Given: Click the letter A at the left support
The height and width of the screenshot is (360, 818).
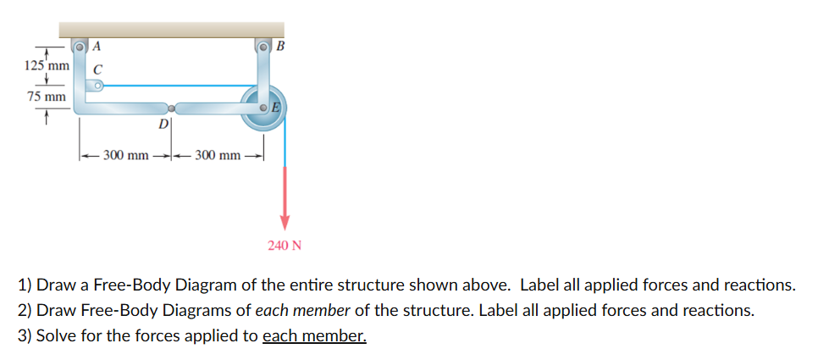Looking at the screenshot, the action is pos(97,46).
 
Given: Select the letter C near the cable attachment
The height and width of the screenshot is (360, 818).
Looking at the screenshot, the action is pos(97,69).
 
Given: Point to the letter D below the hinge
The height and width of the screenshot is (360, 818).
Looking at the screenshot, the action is pos(163,125).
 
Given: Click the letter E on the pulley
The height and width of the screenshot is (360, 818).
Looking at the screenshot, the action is pos(276,108).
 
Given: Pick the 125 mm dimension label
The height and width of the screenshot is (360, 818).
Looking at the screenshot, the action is pos(47,66).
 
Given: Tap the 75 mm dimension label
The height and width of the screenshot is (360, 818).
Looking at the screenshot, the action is pos(47,97).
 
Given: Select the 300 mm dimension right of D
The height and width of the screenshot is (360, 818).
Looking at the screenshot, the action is pos(218,155).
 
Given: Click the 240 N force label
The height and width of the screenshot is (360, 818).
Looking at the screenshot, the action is pos(285,245).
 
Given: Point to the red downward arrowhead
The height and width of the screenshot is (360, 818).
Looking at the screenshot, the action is pos(285,222).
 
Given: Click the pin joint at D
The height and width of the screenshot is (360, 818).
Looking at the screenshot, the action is pos(172,108).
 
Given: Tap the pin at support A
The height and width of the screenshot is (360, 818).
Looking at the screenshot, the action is pos(80,47).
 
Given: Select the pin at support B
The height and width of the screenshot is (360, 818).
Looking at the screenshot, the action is pos(264,47).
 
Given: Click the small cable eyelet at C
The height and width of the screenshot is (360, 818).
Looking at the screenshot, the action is pos(97,86).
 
